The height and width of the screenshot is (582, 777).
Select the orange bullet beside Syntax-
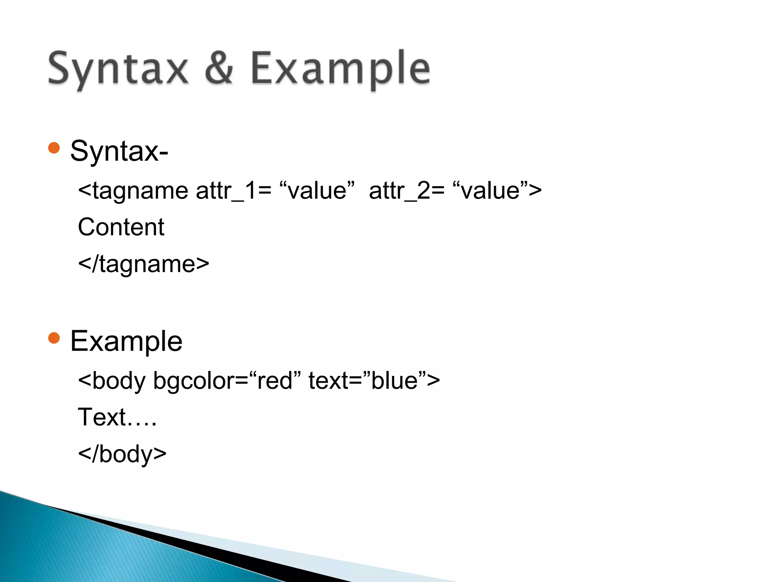point(54,148)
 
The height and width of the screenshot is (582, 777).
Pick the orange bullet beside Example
point(54,338)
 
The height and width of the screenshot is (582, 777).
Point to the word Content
point(121,227)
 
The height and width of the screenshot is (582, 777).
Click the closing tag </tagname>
point(143,264)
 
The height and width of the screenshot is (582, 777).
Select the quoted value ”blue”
point(395,380)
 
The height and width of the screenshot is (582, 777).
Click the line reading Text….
point(117,417)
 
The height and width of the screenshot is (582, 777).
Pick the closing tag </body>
point(122,454)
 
